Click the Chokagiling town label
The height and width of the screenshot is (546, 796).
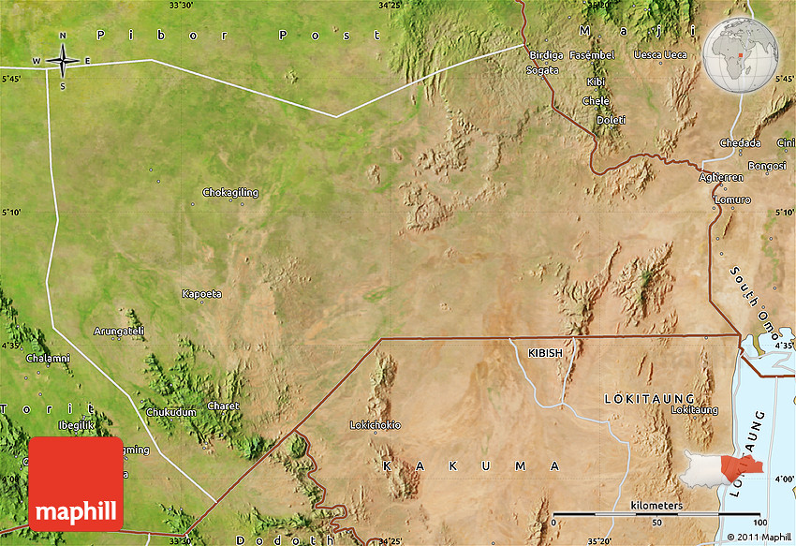pos(230,193)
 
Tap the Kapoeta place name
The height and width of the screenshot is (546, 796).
pos(202,294)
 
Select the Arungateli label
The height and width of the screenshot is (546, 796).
pos(119,331)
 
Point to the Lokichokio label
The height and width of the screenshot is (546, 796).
pos(375,425)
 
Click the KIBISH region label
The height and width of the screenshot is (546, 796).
pos(546,353)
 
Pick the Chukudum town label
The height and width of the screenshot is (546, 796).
pos(171,412)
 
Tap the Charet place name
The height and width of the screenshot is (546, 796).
pos(223,406)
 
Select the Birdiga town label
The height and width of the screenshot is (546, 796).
pos(547,55)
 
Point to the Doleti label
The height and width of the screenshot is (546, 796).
pos(611,120)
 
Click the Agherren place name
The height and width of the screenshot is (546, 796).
pos(721,177)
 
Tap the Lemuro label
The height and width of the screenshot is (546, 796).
pos(732,200)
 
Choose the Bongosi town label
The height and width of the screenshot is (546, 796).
pos(766,166)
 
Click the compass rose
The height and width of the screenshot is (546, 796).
pos(63,62)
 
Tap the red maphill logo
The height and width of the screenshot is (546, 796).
pos(76,482)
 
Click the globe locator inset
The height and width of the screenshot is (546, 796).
pos(744,54)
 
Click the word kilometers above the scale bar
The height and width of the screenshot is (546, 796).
pos(656,506)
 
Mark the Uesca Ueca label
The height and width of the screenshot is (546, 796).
pos(660,55)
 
